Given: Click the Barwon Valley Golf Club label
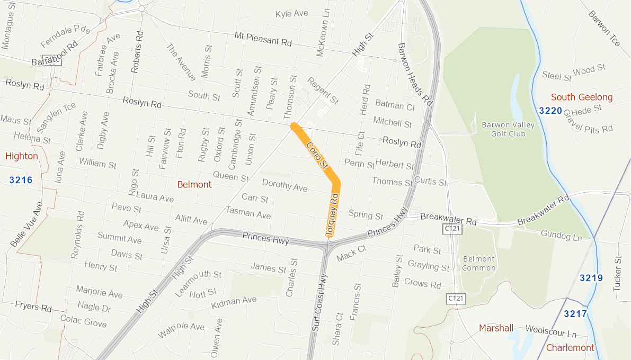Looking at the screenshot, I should coord(508,129).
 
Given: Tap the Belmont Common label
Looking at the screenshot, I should coord(478,263).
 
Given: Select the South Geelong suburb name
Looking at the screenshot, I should coord(582,97).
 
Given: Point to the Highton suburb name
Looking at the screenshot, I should coord(22,156).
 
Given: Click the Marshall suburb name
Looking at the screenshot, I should coord(496,328).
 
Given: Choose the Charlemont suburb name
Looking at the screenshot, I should coord(570,348).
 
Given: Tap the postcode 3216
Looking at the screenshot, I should coord(21,180).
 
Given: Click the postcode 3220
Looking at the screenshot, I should coord(550,111).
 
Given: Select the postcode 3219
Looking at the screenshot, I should coord(591,278).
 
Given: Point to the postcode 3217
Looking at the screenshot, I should coord(575,314).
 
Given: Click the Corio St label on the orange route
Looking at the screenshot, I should coord(318,155).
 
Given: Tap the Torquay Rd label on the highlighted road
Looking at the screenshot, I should coord(332,214).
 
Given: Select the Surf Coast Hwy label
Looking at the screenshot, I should coord(319,302).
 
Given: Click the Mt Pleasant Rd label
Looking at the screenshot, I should coord(263,39).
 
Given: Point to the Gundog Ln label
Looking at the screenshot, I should coord(561,236).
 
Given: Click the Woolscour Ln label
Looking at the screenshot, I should coord(550,332).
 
